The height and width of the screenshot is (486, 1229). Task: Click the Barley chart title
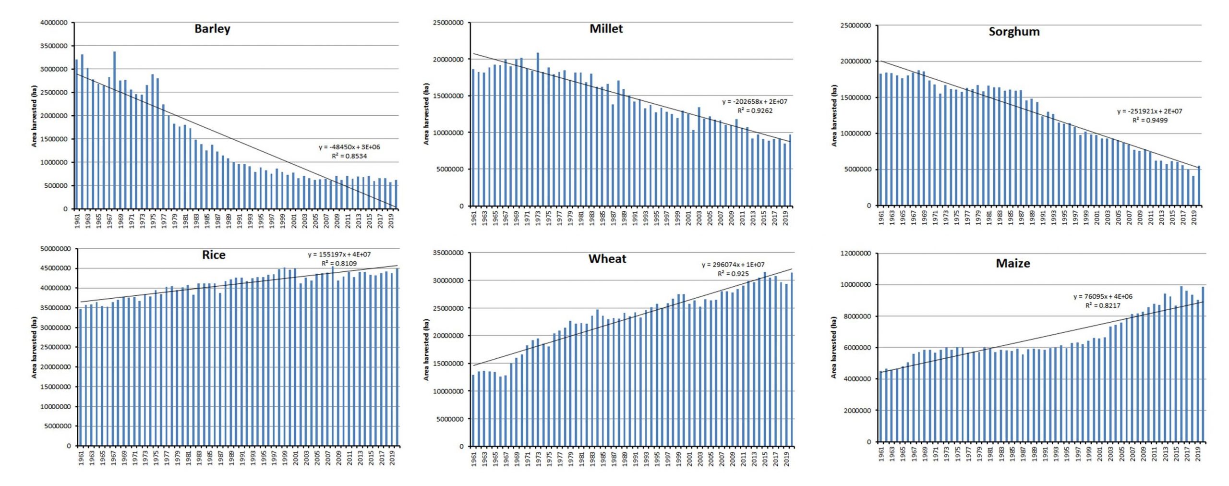(212, 29)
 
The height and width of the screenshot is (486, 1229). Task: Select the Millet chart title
(606, 29)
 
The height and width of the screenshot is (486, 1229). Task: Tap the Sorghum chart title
(1014, 32)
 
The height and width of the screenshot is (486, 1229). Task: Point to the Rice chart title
(214, 255)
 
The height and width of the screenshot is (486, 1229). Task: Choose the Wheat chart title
(607, 259)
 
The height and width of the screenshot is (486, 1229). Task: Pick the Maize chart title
(1013, 263)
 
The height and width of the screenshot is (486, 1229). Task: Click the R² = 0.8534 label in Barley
(349, 156)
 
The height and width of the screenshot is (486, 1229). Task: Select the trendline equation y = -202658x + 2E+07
(755, 102)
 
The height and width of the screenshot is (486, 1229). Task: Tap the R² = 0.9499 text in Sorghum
(1150, 120)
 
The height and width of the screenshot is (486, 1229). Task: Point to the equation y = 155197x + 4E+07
(339, 255)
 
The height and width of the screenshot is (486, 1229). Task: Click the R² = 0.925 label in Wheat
(733, 274)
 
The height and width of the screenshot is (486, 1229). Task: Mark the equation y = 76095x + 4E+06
(1103, 296)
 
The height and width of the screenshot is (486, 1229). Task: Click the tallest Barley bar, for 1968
(114, 130)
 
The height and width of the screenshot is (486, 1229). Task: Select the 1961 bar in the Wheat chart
(473, 411)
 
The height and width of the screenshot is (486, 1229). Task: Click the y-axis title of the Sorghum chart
(834, 115)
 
